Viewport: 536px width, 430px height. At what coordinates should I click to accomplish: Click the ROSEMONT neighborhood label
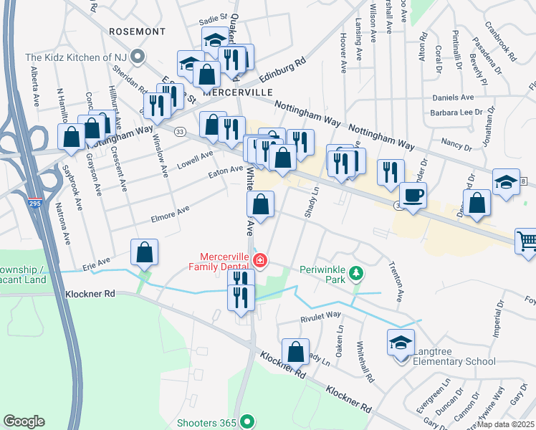(137, 32)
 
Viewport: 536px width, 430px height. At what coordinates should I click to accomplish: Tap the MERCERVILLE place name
(239, 92)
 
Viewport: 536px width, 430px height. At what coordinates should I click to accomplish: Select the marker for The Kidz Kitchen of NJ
(139, 57)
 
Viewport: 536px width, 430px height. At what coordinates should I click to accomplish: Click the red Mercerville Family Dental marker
(262, 261)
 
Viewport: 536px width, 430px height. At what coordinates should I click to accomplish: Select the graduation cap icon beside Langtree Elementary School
(400, 343)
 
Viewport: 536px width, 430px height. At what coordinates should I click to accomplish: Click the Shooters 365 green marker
(247, 422)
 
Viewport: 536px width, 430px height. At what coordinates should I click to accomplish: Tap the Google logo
(24, 421)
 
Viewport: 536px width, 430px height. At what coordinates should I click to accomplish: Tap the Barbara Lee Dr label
(452, 113)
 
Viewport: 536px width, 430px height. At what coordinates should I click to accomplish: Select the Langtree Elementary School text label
(453, 361)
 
